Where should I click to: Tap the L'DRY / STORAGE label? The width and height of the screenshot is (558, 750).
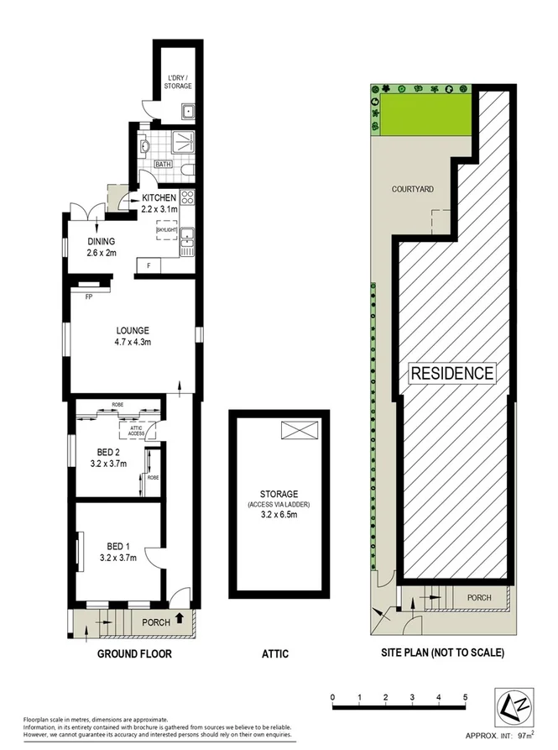[x=179, y=81]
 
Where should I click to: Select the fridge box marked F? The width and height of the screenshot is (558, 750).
[x=149, y=266]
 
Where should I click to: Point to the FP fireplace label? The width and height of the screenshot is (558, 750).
[x=88, y=296]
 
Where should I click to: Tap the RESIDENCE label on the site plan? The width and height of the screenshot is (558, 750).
[x=453, y=373]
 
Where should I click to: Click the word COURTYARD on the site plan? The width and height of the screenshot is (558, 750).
[x=413, y=189]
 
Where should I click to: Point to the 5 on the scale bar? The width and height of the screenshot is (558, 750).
[x=465, y=697]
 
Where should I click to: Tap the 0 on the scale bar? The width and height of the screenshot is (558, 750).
[x=333, y=697]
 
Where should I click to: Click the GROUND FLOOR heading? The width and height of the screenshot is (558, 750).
[x=134, y=653]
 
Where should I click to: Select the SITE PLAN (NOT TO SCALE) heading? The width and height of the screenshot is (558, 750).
[x=440, y=653]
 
